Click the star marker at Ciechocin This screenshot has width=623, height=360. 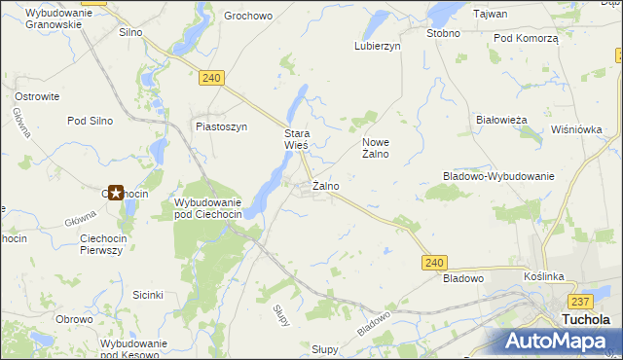[x=116, y=193]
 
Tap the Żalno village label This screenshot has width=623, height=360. [x=325, y=185]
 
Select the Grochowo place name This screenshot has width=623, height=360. [x=247, y=17]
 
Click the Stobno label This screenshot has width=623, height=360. [x=443, y=32]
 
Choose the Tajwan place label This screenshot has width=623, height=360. [x=488, y=14]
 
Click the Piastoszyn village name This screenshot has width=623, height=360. [x=221, y=126]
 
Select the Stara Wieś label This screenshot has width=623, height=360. [x=296, y=139]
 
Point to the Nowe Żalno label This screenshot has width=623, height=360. [x=376, y=147]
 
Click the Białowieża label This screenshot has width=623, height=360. [x=501, y=120]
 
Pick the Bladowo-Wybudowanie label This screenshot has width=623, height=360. [x=498, y=176]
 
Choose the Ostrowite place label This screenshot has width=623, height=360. [x=38, y=96]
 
